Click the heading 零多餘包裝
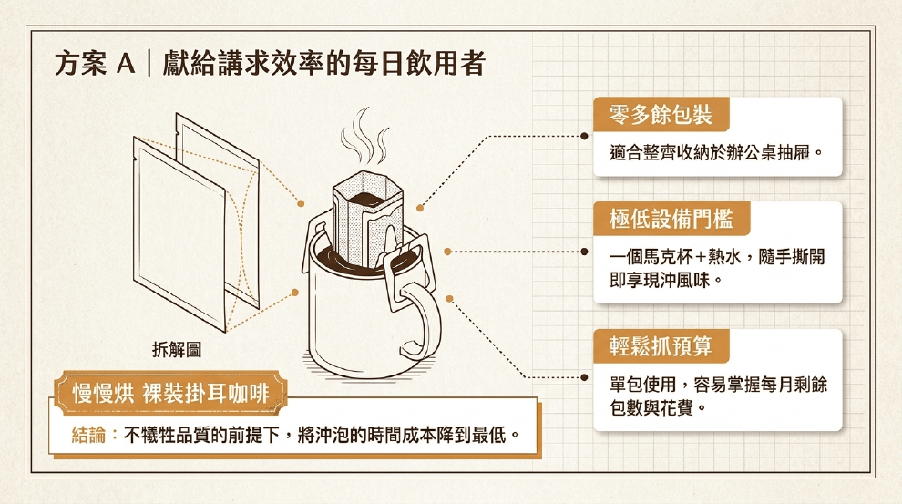[661, 115]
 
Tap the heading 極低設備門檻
[671, 219]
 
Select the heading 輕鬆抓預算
[661, 346]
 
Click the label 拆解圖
[177, 349]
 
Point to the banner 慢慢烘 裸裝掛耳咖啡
[170, 394]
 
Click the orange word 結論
[88, 435]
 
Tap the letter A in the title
[126, 63]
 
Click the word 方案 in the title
[80, 63]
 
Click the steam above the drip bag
[364, 137]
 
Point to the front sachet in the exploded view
[179, 233]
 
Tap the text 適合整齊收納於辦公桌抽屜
[711, 153]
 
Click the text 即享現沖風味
[661, 280]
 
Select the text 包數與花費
[651, 408]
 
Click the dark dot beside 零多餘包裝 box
[584, 137]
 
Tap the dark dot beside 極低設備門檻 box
[584, 252]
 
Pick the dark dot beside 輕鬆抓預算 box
[584, 377]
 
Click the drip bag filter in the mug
[367, 219]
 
